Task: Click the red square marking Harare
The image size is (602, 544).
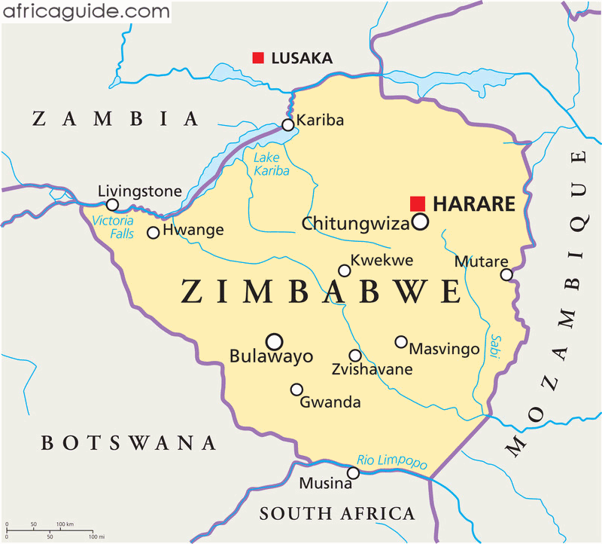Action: tap(418, 203)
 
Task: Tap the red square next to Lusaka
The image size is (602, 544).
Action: tap(258, 57)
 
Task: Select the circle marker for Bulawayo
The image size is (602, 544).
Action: tap(275, 341)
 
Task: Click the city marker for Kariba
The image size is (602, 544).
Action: tap(287, 125)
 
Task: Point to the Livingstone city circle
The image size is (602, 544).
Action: tap(112, 205)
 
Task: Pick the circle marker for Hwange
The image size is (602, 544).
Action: tap(153, 233)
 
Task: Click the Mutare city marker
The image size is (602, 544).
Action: tap(506, 274)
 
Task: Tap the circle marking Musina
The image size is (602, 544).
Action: tap(353, 473)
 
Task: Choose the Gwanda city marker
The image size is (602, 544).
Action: tap(296, 390)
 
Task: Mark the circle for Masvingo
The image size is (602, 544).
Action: tap(401, 342)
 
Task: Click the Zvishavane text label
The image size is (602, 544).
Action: tap(372, 370)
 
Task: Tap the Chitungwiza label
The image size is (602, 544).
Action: tap(355, 224)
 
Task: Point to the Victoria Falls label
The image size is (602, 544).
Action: tap(112, 228)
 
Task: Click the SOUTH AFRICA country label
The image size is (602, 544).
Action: tap(336, 514)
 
